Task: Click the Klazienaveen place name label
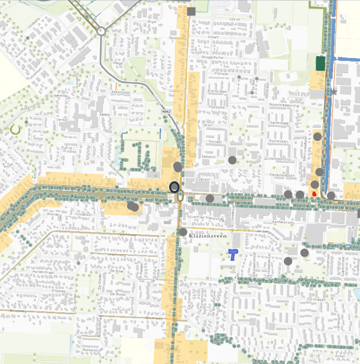[x=208, y=237]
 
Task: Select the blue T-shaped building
[x=233, y=254]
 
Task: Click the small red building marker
[x=314, y=193]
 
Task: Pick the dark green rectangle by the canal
[x=321, y=63]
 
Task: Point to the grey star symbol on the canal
[x=334, y=92]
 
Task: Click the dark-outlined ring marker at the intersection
[x=175, y=187]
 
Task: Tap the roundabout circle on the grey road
[x=101, y=31]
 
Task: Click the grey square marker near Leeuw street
[x=191, y=11]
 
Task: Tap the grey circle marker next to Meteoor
[x=232, y=160]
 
